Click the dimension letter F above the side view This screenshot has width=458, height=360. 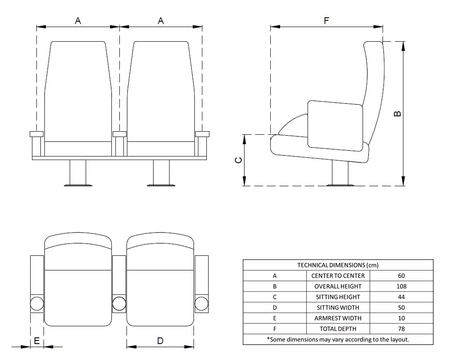[327, 20]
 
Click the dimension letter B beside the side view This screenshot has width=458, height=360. [398, 113]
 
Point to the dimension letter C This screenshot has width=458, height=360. [238, 160]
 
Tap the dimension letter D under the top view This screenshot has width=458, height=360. [160, 340]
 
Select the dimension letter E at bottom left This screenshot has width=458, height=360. [37, 340]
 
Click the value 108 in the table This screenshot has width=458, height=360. [401, 286]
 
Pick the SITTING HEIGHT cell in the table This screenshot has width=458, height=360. [338, 297]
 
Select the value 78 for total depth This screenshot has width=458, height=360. [401, 329]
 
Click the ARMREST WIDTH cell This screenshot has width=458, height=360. [338, 318]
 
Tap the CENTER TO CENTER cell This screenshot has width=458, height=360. [338, 276]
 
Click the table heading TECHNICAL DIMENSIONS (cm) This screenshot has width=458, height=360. [338, 265]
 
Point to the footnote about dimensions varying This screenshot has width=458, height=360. [338, 340]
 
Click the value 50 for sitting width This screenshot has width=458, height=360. [401, 308]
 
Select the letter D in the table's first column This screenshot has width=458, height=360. [275, 308]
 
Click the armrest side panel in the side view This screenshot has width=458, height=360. [335, 125]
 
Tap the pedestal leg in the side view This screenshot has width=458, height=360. [340, 172]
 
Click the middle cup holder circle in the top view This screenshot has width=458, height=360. [119, 304]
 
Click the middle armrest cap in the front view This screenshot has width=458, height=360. [119, 134]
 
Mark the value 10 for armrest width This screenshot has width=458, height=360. [401, 318]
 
